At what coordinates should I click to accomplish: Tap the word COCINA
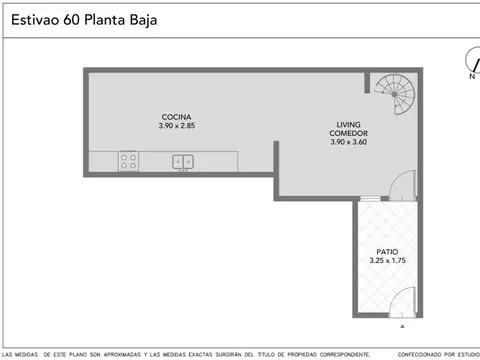pyautogui.click(x=176, y=116)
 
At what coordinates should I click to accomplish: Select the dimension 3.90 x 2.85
pyautogui.click(x=176, y=126)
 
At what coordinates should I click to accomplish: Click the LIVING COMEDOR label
pyautogui.click(x=348, y=129)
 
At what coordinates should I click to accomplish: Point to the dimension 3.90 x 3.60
pyautogui.click(x=348, y=142)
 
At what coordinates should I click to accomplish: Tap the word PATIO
pyautogui.click(x=387, y=251)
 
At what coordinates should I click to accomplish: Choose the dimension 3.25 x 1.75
pyautogui.click(x=387, y=261)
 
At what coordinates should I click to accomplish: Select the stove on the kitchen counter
pyautogui.click(x=129, y=160)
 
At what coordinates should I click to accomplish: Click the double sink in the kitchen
pyautogui.click(x=183, y=160)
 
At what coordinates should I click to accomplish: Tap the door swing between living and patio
pyautogui.click(x=400, y=186)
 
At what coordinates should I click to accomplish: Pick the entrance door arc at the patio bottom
pyautogui.click(x=399, y=302)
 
